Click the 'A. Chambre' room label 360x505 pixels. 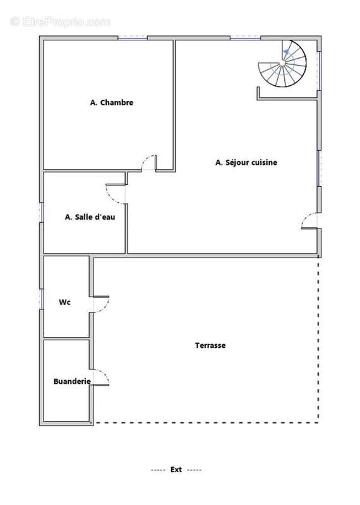point(112,102)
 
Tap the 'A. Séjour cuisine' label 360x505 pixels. point(246,162)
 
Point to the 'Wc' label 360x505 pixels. point(64,302)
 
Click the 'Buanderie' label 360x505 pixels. point(72,381)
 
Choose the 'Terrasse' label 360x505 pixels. point(210,345)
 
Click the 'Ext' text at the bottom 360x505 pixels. point(176,470)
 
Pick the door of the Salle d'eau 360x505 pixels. point(116,193)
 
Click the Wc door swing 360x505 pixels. point(101,304)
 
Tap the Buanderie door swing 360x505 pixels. point(102,377)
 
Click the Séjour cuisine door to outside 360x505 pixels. point(310,221)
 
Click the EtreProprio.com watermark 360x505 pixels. point(61,21)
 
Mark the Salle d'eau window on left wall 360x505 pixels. point(42,212)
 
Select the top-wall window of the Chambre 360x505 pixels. point(133,38)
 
